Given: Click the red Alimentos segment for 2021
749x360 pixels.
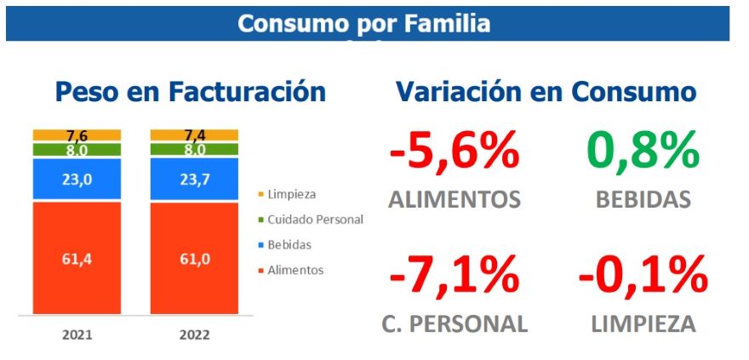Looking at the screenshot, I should [x=77, y=258].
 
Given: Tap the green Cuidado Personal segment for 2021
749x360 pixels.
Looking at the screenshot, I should [x=77, y=150].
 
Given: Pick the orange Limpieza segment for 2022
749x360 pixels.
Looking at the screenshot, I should [x=194, y=134].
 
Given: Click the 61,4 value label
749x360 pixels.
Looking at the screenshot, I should [x=77, y=259].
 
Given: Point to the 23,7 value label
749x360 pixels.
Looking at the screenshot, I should [x=195, y=179].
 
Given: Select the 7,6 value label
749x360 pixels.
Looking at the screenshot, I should [x=77, y=134].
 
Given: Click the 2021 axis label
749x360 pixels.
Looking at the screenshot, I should [x=77, y=334].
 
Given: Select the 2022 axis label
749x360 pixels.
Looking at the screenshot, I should [x=195, y=334].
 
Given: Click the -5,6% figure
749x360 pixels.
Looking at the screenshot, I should [x=454, y=153].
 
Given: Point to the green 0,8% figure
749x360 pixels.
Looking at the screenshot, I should [x=644, y=153].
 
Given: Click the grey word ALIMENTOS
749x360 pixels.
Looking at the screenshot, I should [x=454, y=200].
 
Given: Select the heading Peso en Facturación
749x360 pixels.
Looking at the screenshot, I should [x=191, y=92].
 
